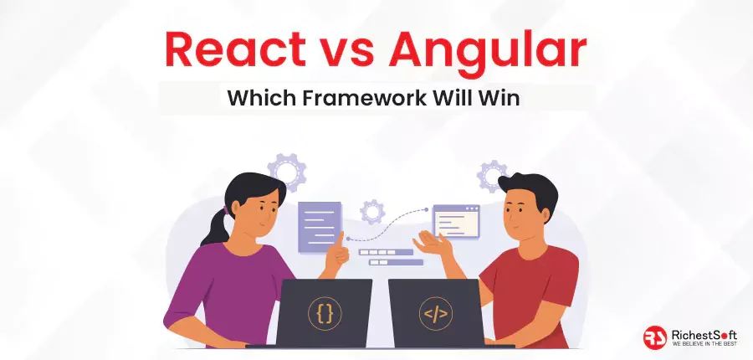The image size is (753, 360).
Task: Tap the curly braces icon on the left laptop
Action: pyautogui.click(x=325, y=311)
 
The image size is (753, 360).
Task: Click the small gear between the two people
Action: pyautogui.click(x=371, y=211)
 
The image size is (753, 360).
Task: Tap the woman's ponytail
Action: pyautogui.click(x=220, y=228)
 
